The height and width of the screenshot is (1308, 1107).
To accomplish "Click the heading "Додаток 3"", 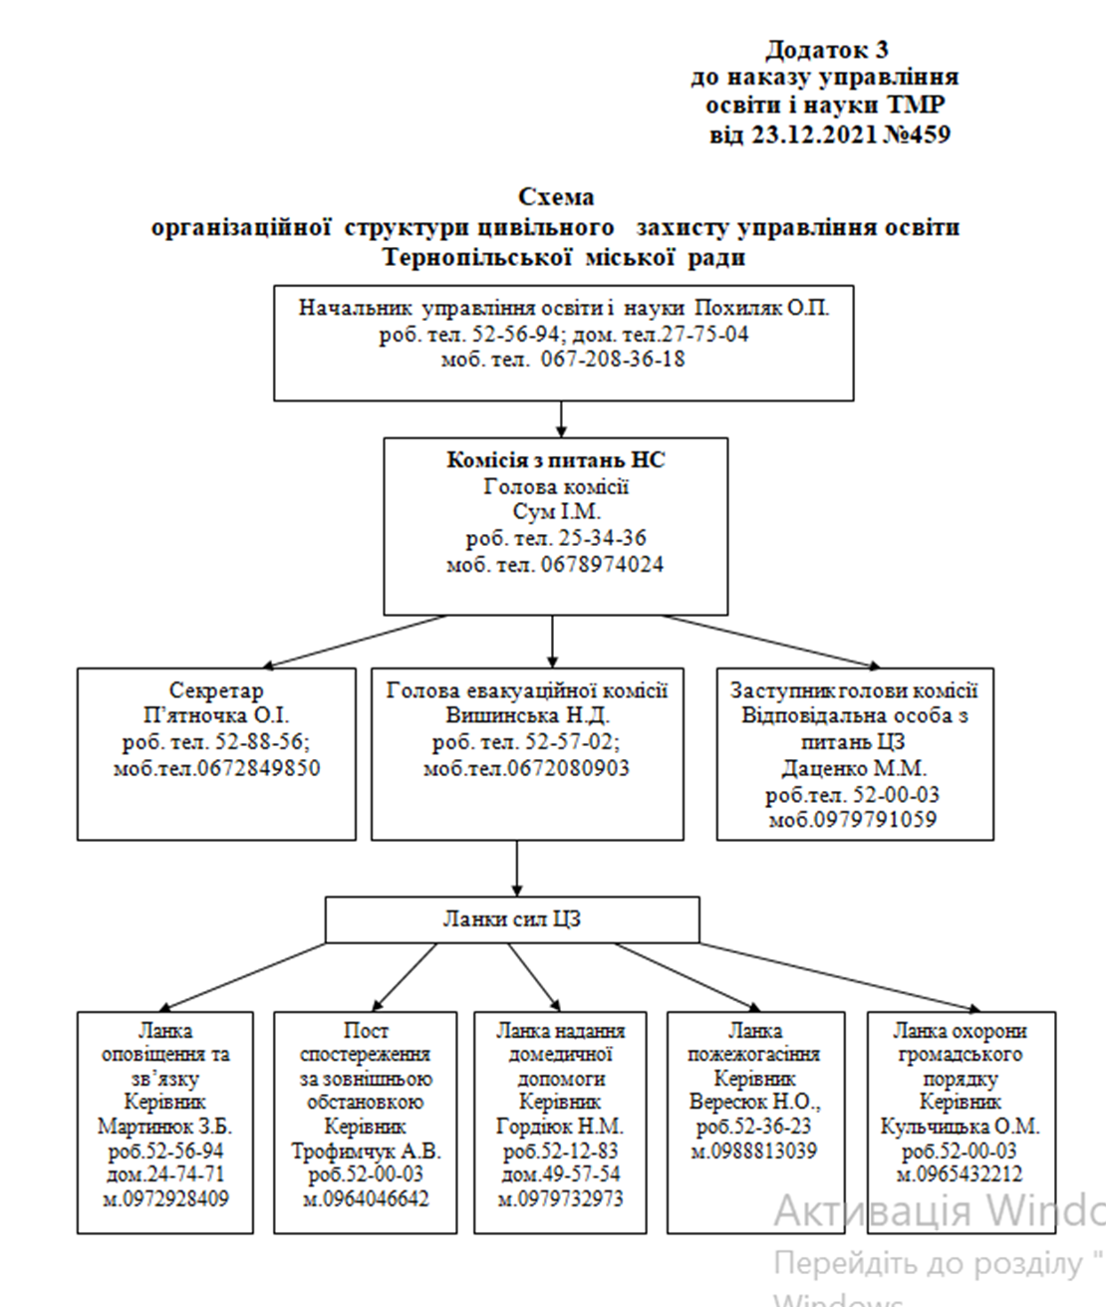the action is pyautogui.click(x=827, y=50).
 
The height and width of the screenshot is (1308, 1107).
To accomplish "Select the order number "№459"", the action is pyautogui.click(x=916, y=134).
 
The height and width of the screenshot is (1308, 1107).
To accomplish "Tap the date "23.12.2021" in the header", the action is pyautogui.click(x=815, y=134).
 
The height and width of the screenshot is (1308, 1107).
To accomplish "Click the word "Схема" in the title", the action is pyautogui.click(x=556, y=197).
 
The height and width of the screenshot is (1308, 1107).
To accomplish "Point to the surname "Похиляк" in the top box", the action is pyautogui.click(x=736, y=308).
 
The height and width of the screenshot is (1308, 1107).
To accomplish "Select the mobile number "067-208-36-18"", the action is pyautogui.click(x=613, y=360).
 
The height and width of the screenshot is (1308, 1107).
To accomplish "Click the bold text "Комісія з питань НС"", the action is pyautogui.click(x=556, y=460).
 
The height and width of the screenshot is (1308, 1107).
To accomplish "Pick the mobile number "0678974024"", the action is pyautogui.click(x=602, y=564).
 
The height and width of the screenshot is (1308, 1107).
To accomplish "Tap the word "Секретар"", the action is pyautogui.click(x=216, y=689).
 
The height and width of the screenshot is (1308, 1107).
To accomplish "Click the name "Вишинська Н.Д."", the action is pyautogui.click(x=527, y=715).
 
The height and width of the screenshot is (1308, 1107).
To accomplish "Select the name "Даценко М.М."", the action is pyautogui.click(x=854, y=768).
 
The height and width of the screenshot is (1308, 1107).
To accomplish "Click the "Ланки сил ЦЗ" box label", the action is pyautogui.click(x=511, y=918).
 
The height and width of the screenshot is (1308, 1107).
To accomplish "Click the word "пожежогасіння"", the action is pyautogui.click(x=754, y=1054).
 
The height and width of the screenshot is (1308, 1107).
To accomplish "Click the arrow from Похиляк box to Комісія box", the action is pyautogui.click(x=561, y=419).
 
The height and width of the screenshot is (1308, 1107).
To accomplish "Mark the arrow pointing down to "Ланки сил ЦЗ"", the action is pyautogui.click(x=516, y=869).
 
